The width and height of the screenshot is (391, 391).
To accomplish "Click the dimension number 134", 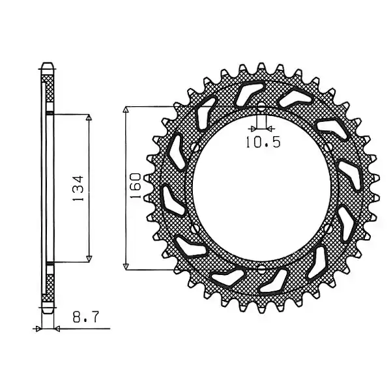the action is point(78,188).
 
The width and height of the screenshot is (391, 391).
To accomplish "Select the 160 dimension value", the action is point(136,186).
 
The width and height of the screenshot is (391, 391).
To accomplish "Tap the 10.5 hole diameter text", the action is point(263,142).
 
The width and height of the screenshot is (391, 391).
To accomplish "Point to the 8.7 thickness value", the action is point(86,317).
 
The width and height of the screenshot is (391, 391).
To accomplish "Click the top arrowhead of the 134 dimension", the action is point(89,117).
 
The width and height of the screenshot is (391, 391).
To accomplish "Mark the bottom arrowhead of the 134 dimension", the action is point(89,259).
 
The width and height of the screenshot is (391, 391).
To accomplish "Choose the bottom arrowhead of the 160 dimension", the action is point(126,267).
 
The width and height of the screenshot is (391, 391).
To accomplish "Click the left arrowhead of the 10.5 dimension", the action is point(253,129).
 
